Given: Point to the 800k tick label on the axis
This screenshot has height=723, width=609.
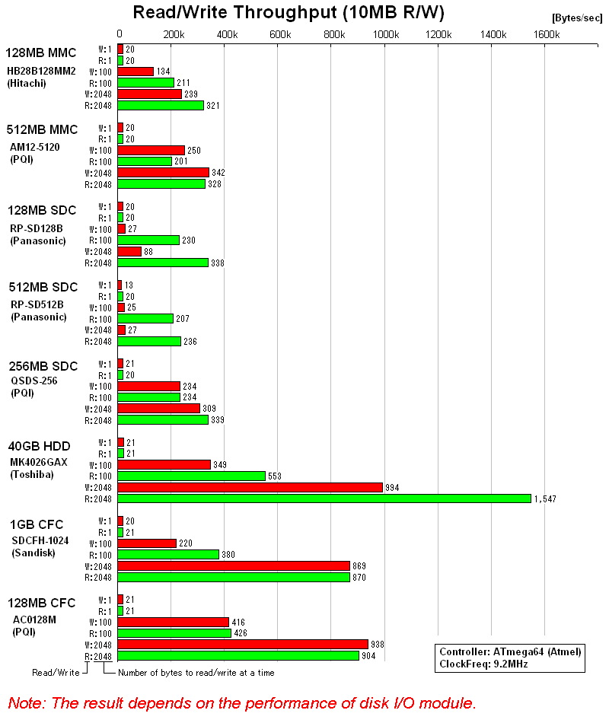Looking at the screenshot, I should [x=333, y=34].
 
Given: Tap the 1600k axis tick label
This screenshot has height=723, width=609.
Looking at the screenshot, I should [x=547, y=34].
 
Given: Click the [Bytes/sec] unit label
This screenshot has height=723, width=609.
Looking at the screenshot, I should [x=576, y=18].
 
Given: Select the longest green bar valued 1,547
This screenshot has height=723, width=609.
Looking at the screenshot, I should [x=324, y=498].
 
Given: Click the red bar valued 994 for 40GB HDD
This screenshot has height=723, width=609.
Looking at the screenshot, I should [x=250, y=487].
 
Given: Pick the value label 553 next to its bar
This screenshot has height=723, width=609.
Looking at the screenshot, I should [x=276, y=476].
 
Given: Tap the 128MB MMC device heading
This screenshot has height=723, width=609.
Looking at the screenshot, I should [x=41, y=53].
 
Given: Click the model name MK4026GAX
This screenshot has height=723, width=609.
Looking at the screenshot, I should [x=39, y=461].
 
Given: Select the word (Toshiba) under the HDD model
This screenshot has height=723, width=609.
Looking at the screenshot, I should [x=33, y=474].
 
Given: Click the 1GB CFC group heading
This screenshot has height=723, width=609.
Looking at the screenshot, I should [x=36, y=524].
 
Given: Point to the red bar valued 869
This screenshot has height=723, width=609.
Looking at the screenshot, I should [x=234, y=566].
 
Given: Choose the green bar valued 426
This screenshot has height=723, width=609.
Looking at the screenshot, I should [x=174, y=633].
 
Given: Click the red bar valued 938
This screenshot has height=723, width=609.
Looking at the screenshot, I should [x=243, y=645].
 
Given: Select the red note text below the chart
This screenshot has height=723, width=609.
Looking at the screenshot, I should [x=242, y=702].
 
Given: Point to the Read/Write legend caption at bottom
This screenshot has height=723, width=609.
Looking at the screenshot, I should [x=56, y=672].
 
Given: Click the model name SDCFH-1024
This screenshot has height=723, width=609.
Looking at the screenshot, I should [x=39, y=540].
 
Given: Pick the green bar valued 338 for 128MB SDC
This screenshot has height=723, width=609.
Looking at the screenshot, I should [x=163, y=263].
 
